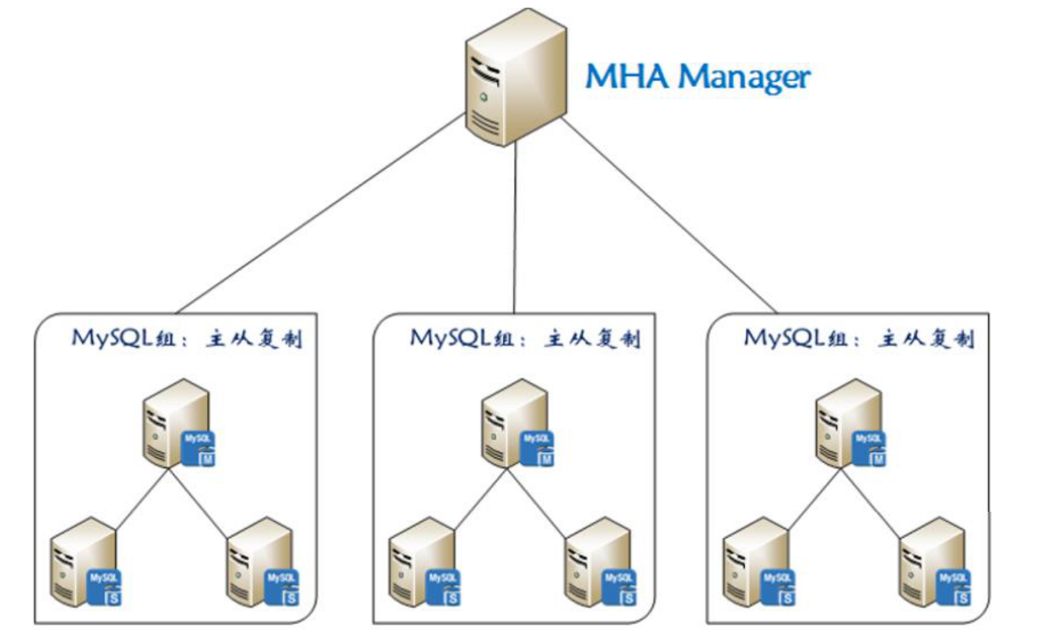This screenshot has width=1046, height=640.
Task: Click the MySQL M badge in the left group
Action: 199,449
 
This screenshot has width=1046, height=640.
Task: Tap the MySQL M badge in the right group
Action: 871,449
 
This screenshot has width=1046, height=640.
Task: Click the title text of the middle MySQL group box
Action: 525,338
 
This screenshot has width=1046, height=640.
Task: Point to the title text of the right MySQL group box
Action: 859,338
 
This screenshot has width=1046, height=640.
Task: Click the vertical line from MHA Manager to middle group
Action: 515,230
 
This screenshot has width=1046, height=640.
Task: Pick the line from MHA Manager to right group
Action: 667,215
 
